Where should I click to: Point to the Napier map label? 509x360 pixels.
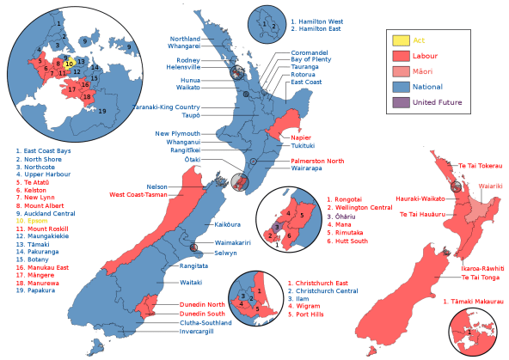coord(300,137)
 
